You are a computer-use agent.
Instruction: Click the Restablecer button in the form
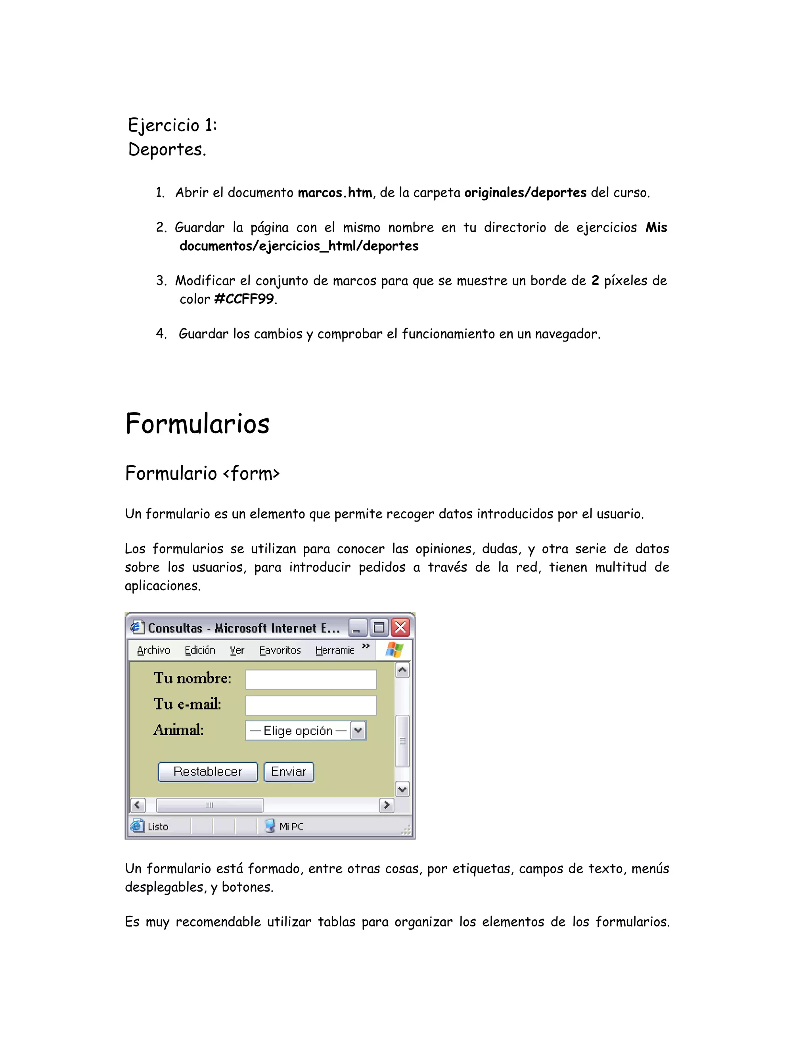208,772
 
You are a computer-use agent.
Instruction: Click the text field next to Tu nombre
311,679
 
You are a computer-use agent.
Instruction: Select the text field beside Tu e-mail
311,706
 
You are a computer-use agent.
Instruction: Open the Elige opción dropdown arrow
358,731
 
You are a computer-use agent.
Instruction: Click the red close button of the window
400,627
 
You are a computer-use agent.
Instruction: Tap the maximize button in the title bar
379,627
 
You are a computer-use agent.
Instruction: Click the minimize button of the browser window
357,627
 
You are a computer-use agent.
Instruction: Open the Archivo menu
153,650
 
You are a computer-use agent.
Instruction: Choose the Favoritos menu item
280,650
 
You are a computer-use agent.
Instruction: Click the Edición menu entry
200,650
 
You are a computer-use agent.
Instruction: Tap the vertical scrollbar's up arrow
402,670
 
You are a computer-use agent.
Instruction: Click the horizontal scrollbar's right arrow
386,805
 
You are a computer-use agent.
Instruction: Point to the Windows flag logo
395,650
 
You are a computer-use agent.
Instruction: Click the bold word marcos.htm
335,192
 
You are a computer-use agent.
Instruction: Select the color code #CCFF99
244,299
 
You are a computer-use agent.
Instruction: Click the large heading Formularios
197,424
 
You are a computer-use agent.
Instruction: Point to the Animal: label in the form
178,730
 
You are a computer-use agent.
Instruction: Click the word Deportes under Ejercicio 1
167,150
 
